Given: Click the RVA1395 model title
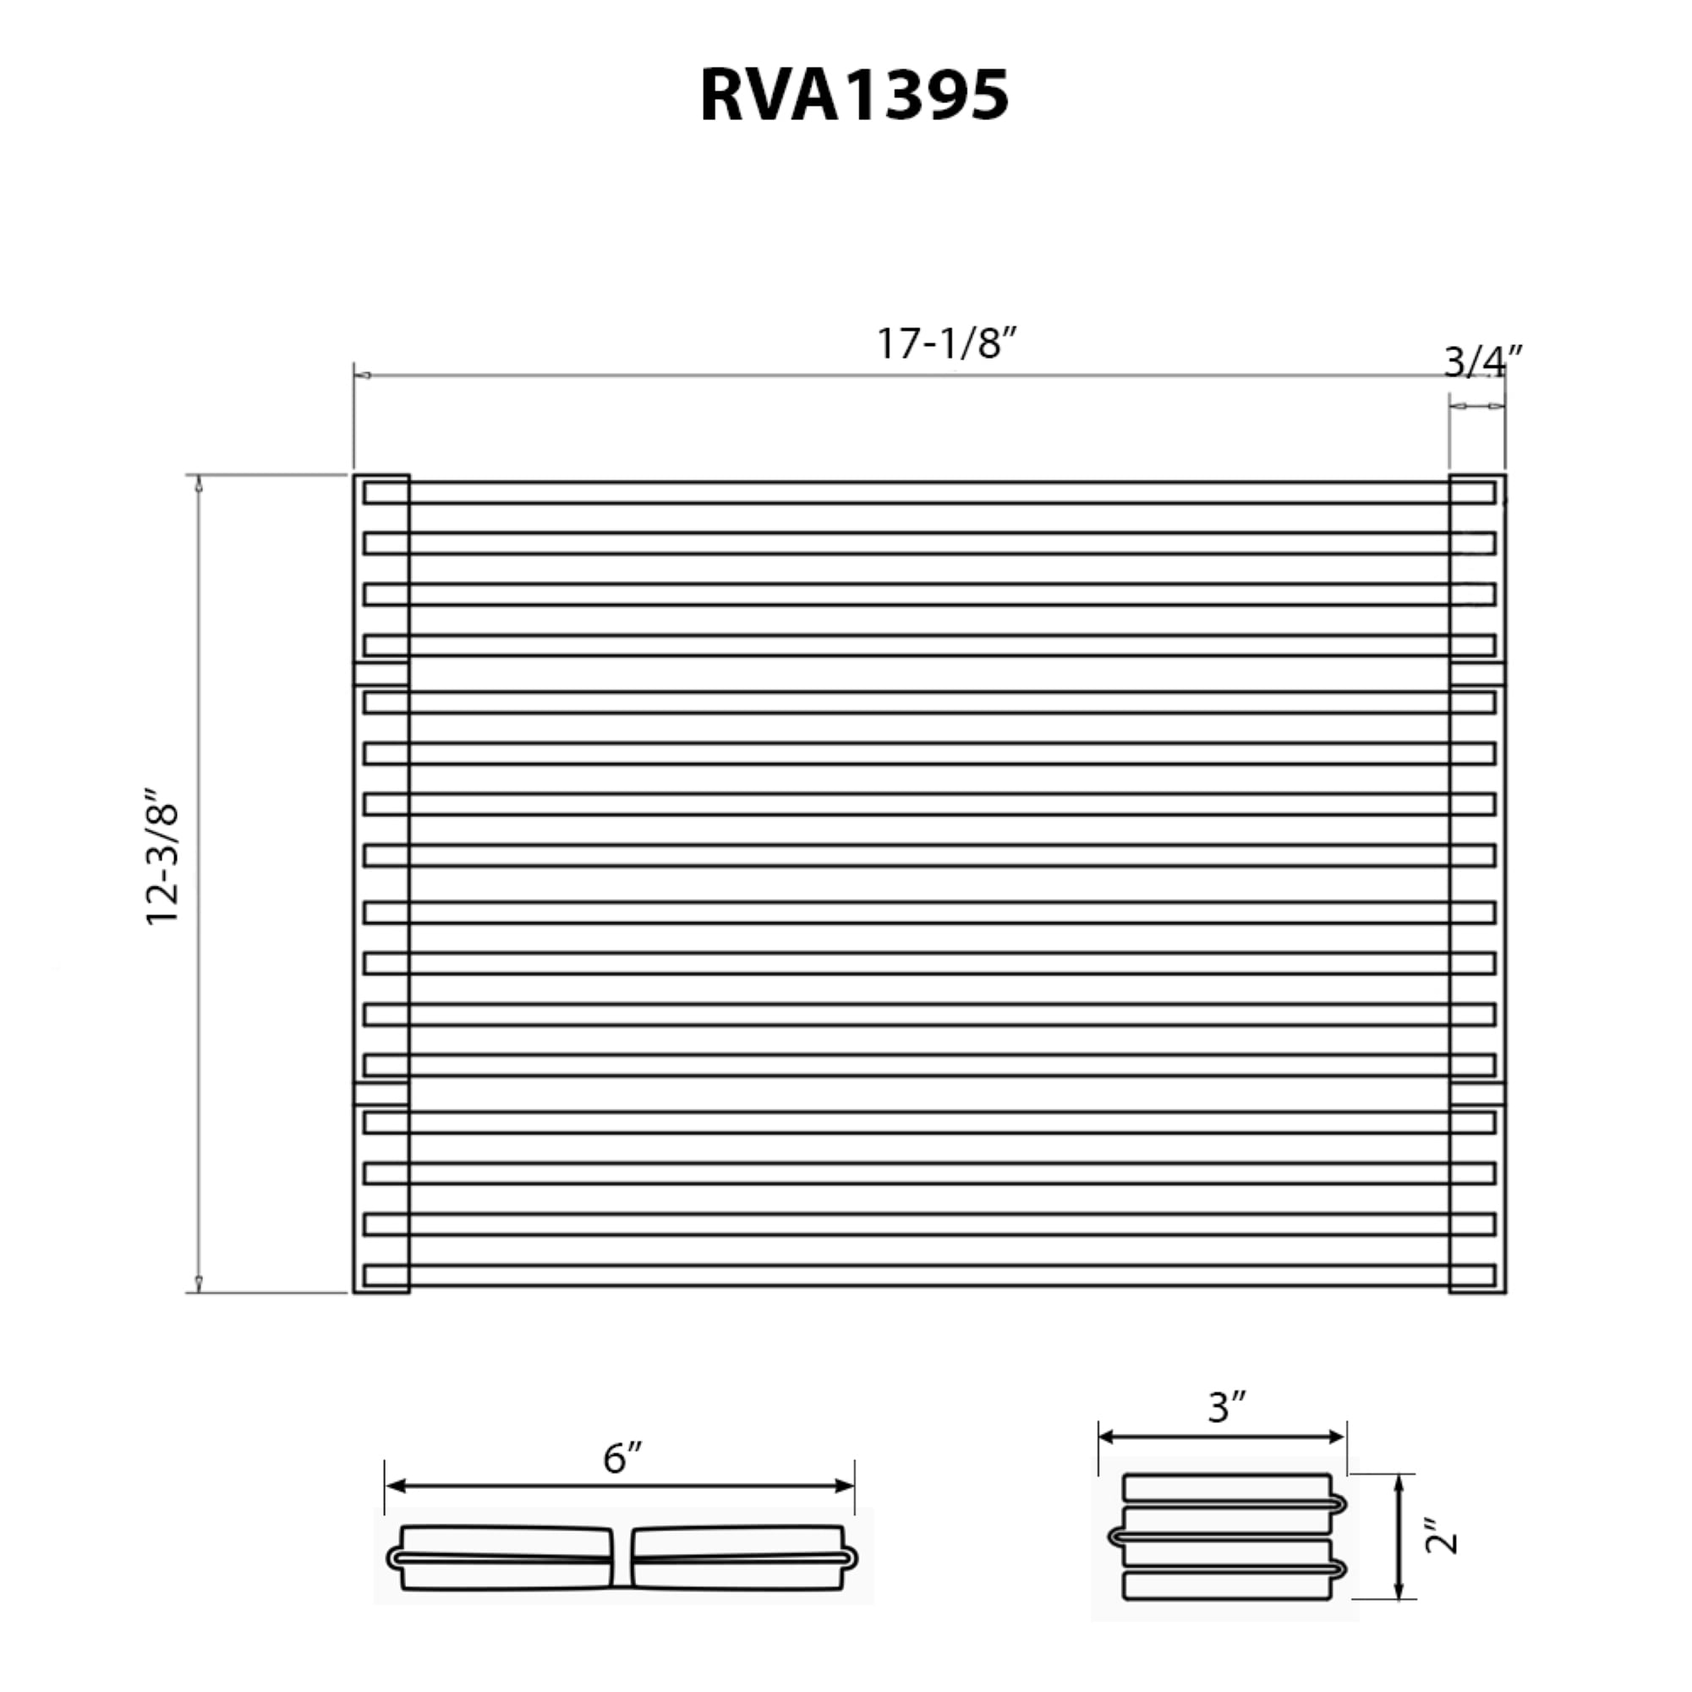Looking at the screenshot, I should click(854, 96).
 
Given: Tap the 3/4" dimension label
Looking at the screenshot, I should click(1481, 362).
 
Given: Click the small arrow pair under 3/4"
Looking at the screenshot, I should click(1476, 406).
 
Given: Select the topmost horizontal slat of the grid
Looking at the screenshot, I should click(928, 493).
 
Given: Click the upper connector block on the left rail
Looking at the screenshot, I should click(381, 675).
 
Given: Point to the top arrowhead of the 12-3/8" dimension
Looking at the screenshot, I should click(199, 485).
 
